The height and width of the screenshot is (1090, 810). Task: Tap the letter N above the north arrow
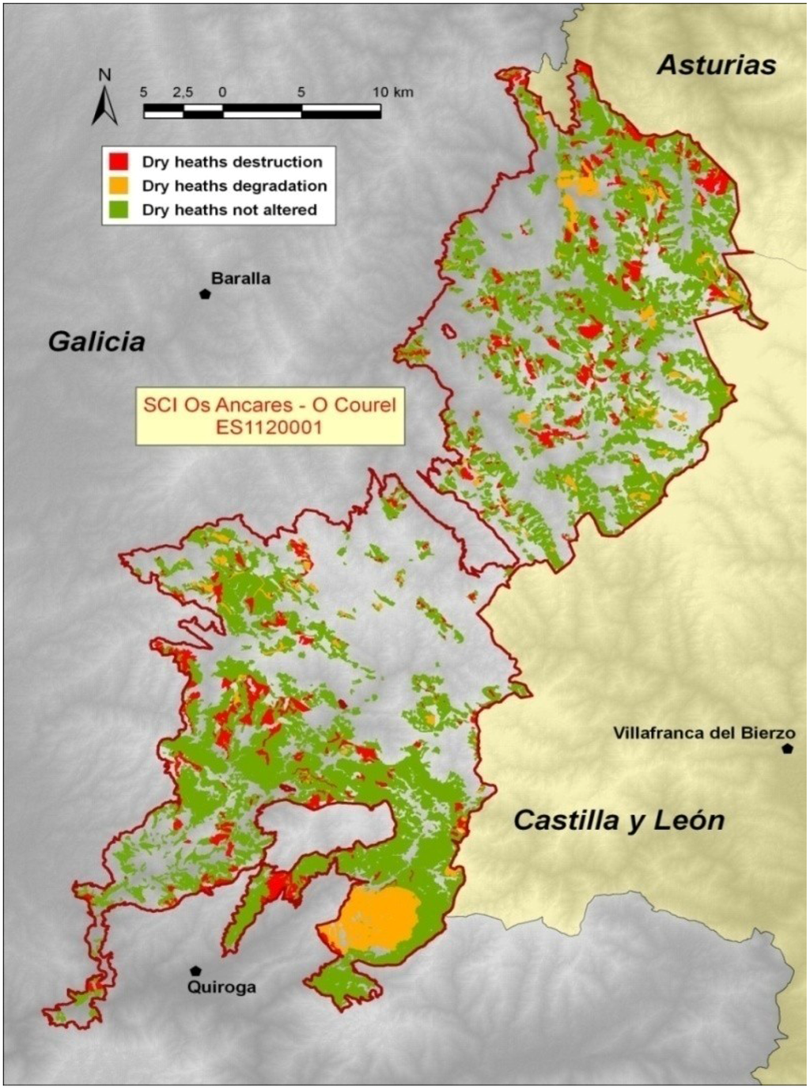coord(104,75)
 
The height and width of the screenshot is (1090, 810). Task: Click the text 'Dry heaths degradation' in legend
coord(234,186)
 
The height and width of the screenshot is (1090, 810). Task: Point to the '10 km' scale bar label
coord(393,92)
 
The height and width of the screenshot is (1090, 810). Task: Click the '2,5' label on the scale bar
coord(183,92)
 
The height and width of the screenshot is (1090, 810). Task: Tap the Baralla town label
coord(240,278)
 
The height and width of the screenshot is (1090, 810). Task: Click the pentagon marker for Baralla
coord(205,293)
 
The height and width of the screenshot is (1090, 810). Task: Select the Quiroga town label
coord(221,987)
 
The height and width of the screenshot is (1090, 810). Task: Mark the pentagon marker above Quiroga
coord(195,970)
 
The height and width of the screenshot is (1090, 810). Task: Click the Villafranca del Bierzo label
coord(704,733)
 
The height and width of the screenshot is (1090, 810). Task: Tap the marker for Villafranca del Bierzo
coord(787,748)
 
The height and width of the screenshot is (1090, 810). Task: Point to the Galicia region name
coord(97,342)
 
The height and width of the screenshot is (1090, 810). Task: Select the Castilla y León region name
coord(619,820)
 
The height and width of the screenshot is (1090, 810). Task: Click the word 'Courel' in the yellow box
coord(365,406)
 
